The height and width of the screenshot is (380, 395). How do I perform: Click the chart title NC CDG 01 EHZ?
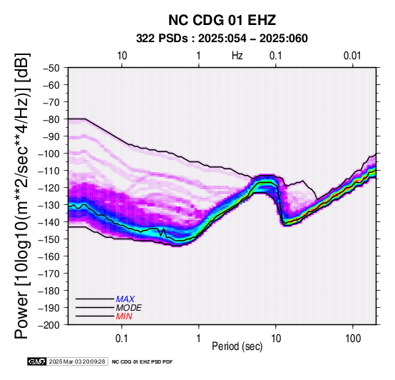(x=222, y=20)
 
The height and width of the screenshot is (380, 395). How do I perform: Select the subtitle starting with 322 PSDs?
(x=222, y=39)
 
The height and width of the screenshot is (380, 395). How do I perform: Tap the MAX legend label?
(x=125, y=299)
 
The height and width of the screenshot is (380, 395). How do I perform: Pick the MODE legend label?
(x=129, y=308)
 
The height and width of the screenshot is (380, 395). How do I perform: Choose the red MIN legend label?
(x=124, y=316)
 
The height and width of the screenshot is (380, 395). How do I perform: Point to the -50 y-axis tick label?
(x=51, y=68)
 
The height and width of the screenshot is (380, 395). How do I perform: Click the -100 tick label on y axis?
(x=49, y=154)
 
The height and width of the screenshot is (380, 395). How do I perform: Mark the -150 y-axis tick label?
(x=49, y=239)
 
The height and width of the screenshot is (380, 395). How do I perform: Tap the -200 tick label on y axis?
(x=49, y=325)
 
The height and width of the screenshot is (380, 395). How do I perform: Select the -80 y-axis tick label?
(x=51, y=119)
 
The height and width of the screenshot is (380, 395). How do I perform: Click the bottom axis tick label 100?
(x=353, y=339)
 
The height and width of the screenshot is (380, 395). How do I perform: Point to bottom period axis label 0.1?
(x=122, y=339)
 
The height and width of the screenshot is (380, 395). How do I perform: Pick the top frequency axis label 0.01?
(x=352, y=56)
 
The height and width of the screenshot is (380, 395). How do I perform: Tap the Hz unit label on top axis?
(x=237, y=56)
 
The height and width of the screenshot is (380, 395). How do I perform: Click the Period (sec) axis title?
(x=237, y=346)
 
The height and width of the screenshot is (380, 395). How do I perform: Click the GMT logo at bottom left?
(x=37, y=361)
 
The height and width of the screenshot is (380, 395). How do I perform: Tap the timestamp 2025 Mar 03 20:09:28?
(x=77, y=361)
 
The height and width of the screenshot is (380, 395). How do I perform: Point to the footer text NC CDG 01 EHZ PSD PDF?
(x=143, y=362)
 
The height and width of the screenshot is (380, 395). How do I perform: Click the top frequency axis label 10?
(x=122, y=56)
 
